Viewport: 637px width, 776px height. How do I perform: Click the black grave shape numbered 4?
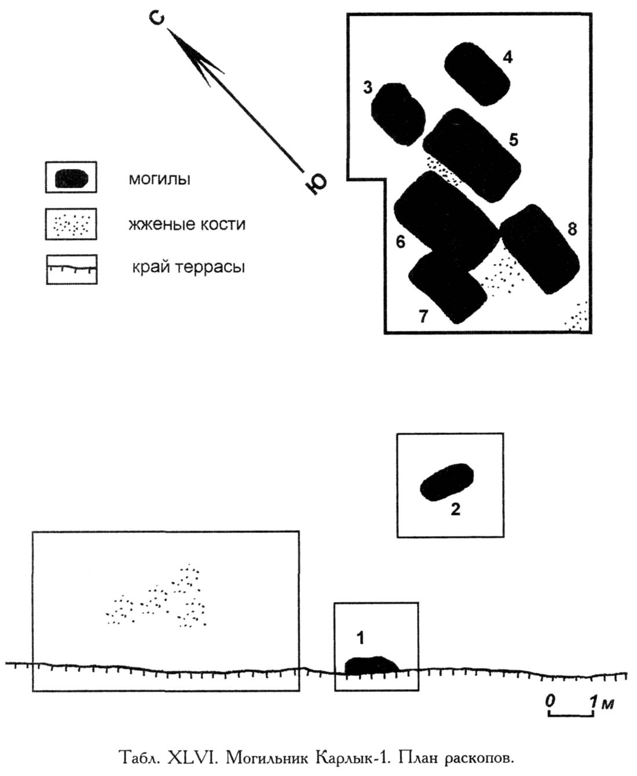tap(477, 74)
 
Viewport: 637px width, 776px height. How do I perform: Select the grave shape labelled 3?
tap(398, 114)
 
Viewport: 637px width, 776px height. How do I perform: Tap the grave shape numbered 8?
tap(540, 249)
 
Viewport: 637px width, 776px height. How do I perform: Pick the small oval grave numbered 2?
tap(446, 482)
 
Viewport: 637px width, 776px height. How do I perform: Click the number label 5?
tap(514, 140)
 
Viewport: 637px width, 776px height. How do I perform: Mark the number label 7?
tap(423, 316)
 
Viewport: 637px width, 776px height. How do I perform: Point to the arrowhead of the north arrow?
tap(191, 52)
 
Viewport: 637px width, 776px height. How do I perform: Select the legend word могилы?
tap(159, 179)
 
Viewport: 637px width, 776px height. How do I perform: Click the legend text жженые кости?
tap(187, 224)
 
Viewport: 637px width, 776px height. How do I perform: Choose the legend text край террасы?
tap(188, 267)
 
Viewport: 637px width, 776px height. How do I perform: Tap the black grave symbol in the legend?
tap(71, 179)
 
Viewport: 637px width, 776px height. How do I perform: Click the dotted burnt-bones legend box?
tap(71, 224)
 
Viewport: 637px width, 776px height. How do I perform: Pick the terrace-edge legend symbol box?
tap(72, 270)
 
